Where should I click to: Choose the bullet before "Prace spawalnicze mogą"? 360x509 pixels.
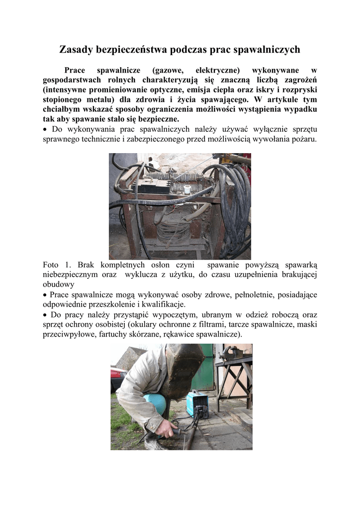(45, 295)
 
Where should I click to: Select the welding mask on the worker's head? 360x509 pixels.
(183, 370)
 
